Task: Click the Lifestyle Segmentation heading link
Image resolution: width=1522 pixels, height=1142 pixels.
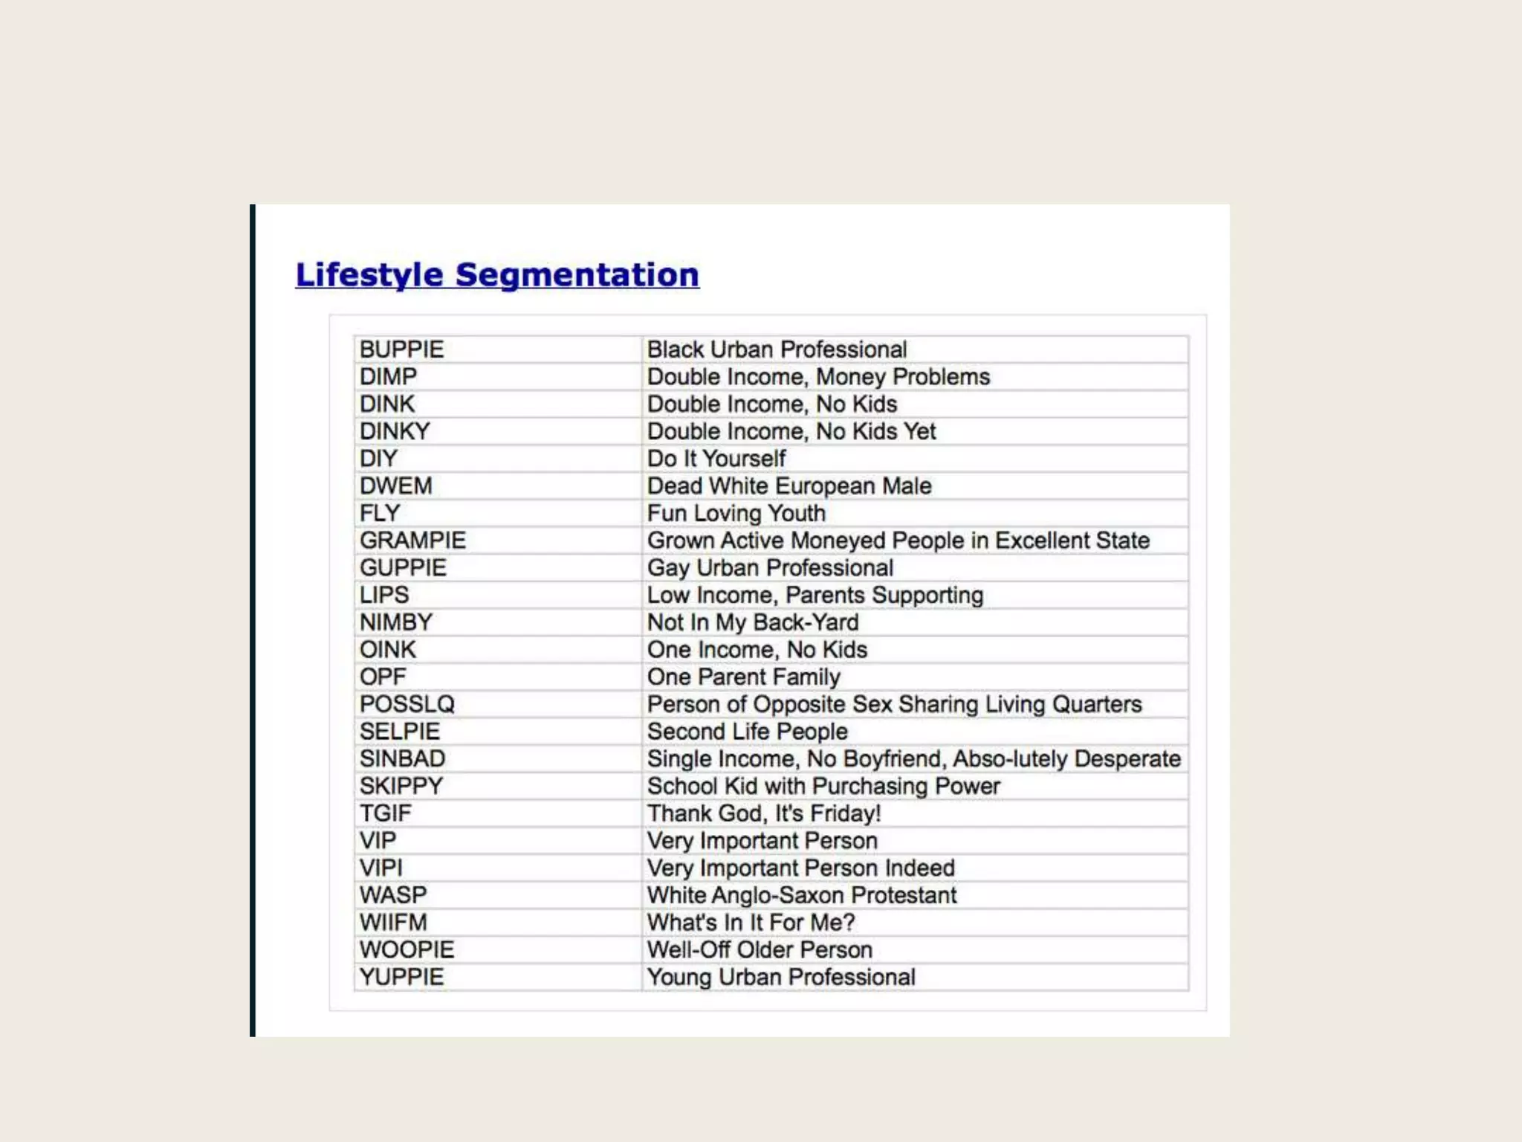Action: point(497,274)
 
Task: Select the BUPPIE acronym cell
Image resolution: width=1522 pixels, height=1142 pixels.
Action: point(402,349)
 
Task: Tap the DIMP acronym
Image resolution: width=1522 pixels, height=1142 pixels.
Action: point(389,377)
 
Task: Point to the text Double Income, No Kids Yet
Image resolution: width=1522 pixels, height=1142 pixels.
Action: point(791,431)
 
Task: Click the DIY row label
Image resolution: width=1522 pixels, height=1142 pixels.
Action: point(378,459)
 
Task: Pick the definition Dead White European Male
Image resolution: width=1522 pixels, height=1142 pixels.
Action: point(789,486)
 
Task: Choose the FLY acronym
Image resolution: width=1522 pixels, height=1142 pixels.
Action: point(380,513)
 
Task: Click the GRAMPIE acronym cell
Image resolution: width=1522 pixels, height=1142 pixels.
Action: point(413,541)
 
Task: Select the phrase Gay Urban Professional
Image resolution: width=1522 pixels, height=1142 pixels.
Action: point(770,568)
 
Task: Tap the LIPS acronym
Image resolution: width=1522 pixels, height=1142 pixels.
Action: point(384,595)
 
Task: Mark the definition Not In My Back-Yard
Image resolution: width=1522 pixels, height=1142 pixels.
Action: point(753,622)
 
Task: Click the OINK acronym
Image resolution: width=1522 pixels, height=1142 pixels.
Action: point(388,650)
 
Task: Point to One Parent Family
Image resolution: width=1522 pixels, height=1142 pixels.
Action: point(744,677)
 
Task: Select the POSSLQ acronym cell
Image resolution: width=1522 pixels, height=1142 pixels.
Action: point(407,704)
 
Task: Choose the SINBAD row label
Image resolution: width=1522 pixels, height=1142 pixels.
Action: point(403,759)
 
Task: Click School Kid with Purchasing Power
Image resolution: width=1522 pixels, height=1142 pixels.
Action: point(823,786)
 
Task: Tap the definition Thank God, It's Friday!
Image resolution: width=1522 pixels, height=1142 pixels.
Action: point(764,813)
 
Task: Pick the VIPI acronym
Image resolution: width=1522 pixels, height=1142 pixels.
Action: point(381,868)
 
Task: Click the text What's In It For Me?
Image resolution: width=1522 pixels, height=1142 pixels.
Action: point(751,923)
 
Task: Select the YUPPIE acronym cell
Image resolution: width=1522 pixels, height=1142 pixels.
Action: point(402,977)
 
